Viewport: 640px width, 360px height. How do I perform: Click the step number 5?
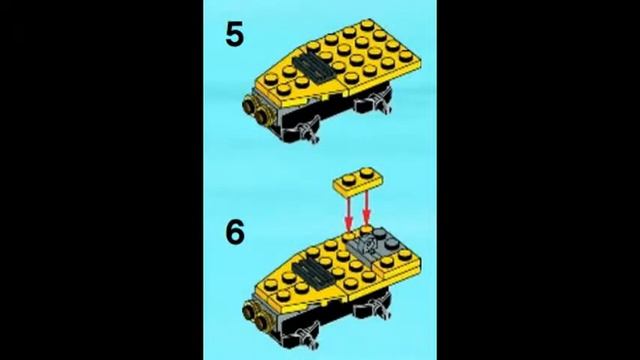(234, 35)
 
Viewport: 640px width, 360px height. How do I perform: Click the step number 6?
(235, 232)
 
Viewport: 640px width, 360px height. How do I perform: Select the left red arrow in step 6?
(349, 212)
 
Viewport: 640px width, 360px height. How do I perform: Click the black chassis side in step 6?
(340, 323)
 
